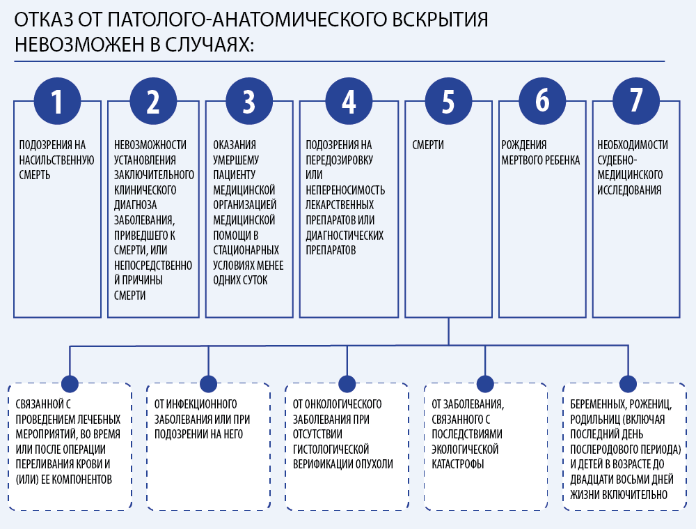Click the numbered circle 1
[x=58, y=102]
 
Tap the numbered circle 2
[x=153, y=102]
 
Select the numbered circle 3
[x=249, y=102]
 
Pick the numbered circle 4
[x=349, y=102]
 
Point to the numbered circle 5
[x=448, y=102]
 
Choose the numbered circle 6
[x=542, y=102]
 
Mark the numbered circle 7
[x=635, y=102]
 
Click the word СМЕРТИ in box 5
[x=428, y=146]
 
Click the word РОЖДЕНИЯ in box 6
[x=524, y=146]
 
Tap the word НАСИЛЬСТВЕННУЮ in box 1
[x=56, y=160]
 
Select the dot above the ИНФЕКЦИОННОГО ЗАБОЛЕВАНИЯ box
[x=208, y=383]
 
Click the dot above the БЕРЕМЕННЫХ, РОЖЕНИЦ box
[x=628, y=383]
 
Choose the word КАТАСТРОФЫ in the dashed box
[x=458, y=464]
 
